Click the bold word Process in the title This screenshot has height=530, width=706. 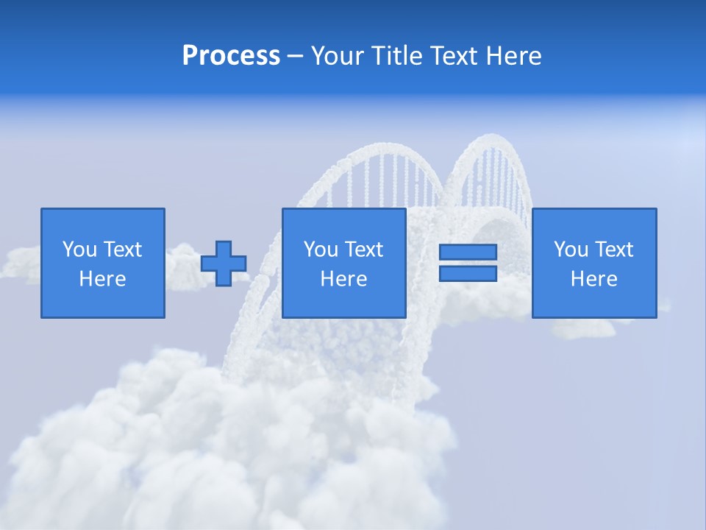(x=231, y=56)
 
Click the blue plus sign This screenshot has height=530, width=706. (x=224, y=263)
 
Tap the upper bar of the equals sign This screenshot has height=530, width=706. (x=468, y=252)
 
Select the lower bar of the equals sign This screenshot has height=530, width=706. (x=468, y=273)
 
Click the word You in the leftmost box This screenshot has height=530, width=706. (x=79, y=250)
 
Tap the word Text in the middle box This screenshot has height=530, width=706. (x=363, y=250)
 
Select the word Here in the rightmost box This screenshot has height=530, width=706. (x=593, y=279)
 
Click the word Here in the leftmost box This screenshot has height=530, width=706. (x=102, y=279)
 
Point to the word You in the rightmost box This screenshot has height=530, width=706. (x=571, y=250)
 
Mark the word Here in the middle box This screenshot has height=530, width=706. (x=343, y=279)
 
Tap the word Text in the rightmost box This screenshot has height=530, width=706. (x=613, y=250)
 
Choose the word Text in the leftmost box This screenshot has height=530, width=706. (x=122, y=250)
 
